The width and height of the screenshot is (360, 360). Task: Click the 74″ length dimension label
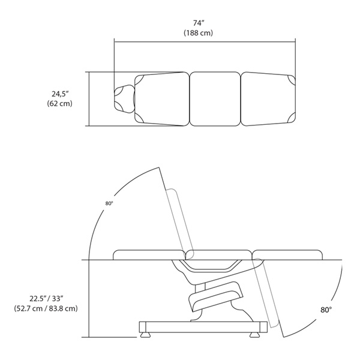click(x=199, y=23)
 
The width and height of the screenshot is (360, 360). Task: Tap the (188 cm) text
click(x=198, y=33)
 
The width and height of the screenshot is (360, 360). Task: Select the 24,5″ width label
click(x=60, y=94)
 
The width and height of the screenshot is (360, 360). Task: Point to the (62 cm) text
click(x=59, y=104)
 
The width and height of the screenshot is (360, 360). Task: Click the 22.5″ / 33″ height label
click(x=46, y=298)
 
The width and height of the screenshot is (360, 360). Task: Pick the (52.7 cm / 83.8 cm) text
click(x=46, y=308)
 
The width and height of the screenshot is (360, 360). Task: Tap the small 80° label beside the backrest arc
click(x=109, y=203)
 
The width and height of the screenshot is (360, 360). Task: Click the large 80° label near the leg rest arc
click(x=326, y=310)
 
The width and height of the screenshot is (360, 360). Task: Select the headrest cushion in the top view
click(x=124, y=99)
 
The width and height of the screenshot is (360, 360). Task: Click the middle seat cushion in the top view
click(x=215, y=99)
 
